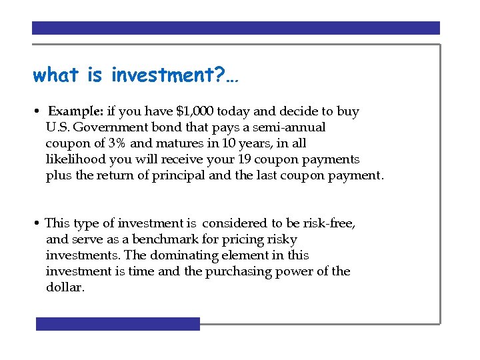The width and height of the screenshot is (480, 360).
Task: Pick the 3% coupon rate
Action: (117, 143)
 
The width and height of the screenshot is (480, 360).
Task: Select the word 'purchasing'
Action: (240, 271)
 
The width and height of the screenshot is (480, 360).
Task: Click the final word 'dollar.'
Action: (65, 287)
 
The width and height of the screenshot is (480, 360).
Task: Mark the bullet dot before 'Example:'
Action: (40, 112)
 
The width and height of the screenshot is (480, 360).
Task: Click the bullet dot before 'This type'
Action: (39, 224)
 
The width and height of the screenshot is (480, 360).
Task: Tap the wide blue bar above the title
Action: (236, 28)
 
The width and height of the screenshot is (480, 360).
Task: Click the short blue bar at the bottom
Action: (117, 324)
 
